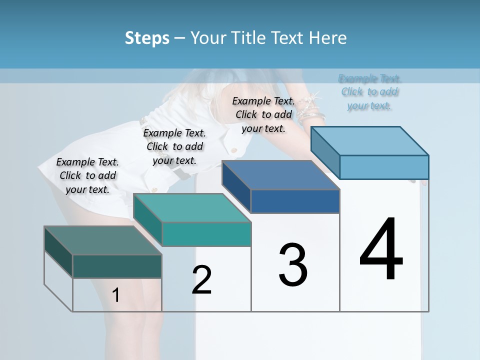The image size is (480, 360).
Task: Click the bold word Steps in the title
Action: pyautogui.click(x=147, y=38)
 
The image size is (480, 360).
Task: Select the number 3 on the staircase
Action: pyautogui.click(x=292, y=264)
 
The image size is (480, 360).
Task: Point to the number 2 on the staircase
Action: pyautogui.click(x=201, y=279)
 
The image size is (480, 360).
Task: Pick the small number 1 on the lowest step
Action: pyautogui.click(x=115, y=295)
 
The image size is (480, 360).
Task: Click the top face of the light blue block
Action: pyautogui.click(x=370, y=140)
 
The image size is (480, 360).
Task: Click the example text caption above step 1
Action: pyautogui.click(x=87, y=175)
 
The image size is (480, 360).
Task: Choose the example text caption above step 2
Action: pyautogui.click(x=174, y=146)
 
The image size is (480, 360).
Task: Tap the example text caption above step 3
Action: pyautogui.click(x=263, y=114)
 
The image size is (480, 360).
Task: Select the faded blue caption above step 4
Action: pyautogui.click(x=370, y=92)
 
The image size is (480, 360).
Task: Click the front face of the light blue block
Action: pyautogui.click(x=384, y=167)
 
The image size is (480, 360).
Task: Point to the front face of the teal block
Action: pyautogui.click(x=206, y=234)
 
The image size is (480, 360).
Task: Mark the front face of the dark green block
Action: pyautogui.click(x=117, y=266)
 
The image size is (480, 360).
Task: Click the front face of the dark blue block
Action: pyautogui.click(x=295, y=201)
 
